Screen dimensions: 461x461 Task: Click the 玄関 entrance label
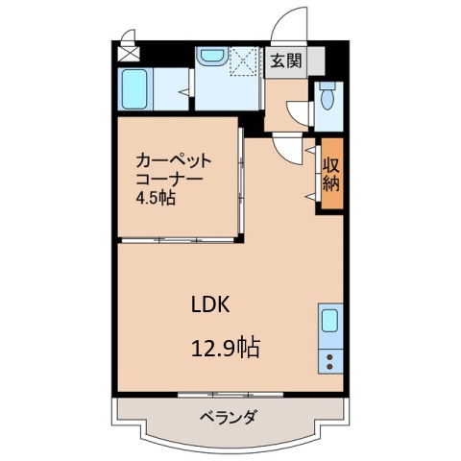tap(284, 62)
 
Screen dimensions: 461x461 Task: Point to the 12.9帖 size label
tap(228, 346)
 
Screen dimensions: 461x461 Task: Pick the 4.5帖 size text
tap(155, 199)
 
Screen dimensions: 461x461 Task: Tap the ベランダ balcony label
tap(228, 418)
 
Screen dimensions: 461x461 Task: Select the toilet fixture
tap(328, 98)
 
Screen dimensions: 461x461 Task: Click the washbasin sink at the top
tap(208, 59)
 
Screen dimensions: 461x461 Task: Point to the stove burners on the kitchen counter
tap(330, 362)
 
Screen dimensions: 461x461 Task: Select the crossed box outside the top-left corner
tap(128, 45)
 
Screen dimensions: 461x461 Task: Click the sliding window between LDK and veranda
tap(228, 394)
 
